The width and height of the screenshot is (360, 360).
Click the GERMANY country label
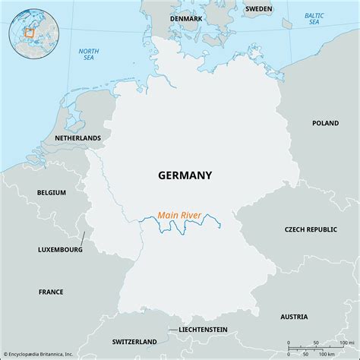(185, 175)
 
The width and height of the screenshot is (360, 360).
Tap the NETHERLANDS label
(77, 138)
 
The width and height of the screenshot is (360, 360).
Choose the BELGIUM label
(52, 193)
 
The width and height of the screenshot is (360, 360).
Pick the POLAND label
(326, 122)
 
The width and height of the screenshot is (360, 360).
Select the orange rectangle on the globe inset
(30, 33)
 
